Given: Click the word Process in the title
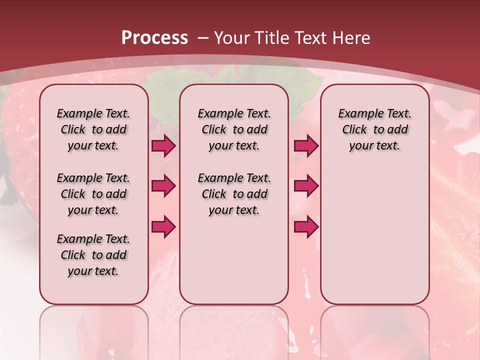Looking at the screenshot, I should [x=154, y=37].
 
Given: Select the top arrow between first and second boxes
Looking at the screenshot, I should [x=163, y=145].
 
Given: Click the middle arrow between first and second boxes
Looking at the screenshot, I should [x=163, y=186].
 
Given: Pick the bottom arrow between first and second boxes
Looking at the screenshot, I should [x=163, y=227].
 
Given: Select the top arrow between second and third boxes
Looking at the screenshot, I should [x=306, y=145].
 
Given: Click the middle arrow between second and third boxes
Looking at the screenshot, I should [x=306, y=186].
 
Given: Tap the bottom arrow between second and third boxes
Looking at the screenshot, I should [x=306, y=227].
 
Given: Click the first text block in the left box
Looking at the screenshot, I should [x=93, y=129].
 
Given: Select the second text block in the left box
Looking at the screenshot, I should [x=93, y=194].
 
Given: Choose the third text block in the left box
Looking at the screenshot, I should [x=93, y=255].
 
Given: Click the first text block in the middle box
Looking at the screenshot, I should [x=234, y=129].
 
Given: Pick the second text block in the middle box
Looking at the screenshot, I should [x=234, y=194].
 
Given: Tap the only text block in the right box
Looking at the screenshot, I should [x=374, y=129].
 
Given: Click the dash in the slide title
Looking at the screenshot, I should [x=203, y=37].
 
